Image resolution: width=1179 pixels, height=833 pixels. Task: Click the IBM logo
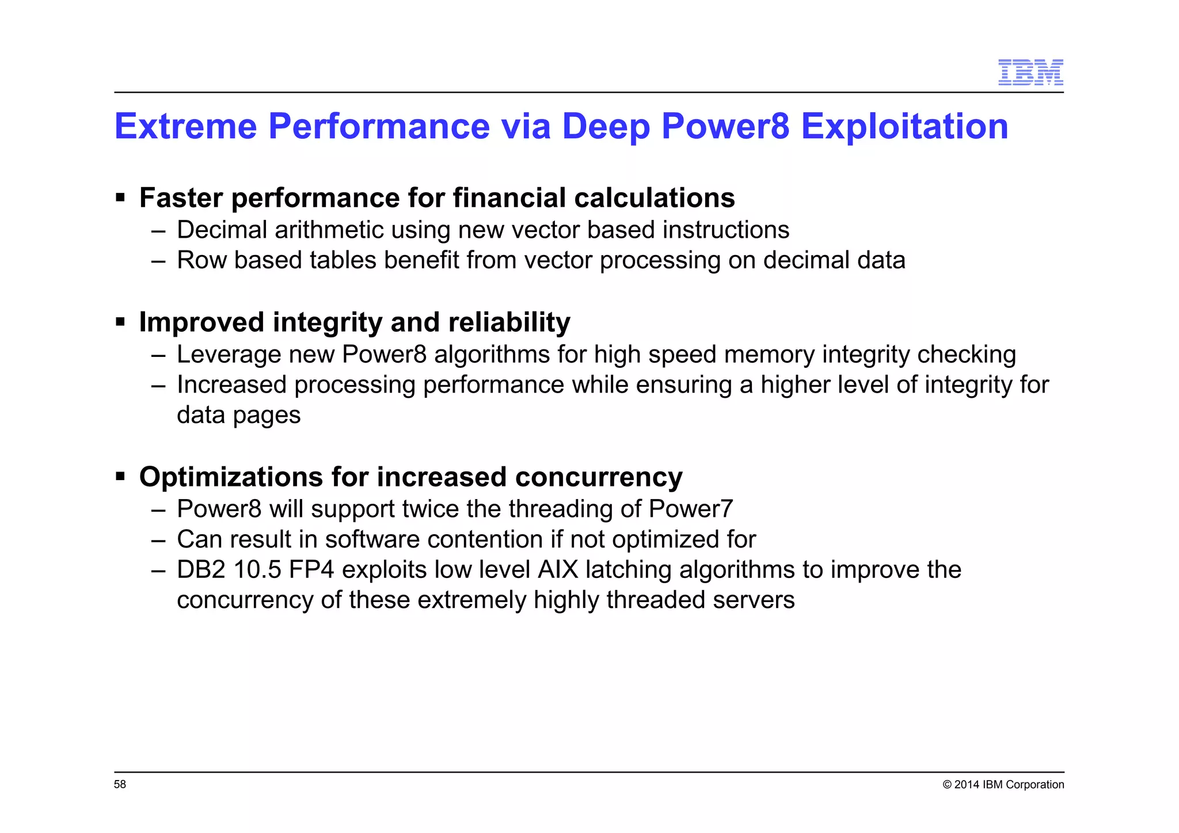[x=1030, y=73]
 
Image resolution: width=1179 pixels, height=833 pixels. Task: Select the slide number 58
[x=120, y=784]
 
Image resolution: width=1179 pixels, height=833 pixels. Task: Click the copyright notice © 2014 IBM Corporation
[x=1003, y=784]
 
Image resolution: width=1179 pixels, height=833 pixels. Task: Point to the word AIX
[x=557, y=570]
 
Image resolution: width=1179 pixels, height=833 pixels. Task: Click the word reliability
[x=509, y=322]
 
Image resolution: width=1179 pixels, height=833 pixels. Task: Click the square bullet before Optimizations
[x=120, y=477]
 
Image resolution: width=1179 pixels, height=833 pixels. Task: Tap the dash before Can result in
[x=158, y=540]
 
